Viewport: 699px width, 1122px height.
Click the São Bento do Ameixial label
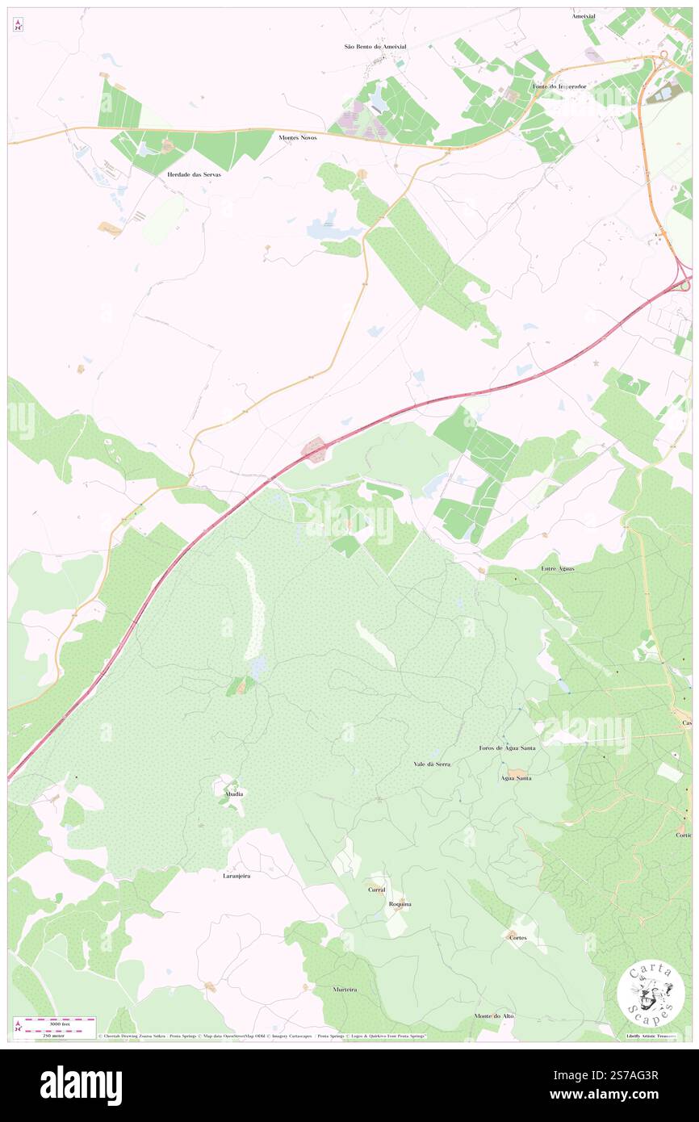pos(375,47)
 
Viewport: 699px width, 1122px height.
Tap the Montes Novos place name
pos(298,138)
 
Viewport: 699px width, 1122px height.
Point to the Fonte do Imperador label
pos(559,86)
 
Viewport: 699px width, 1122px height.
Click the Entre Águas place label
pos(558,569)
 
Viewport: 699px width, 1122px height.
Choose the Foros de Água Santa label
pos(507,748)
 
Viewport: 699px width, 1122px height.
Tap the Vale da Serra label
pos(432,764)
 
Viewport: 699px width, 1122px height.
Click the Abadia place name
pos(234,794)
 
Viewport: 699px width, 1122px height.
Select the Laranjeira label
pos(236,875)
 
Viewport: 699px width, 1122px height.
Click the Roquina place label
pos(400,904)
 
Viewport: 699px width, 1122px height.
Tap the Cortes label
pos(517,937)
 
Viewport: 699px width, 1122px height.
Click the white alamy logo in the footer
pos(81,1086)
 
